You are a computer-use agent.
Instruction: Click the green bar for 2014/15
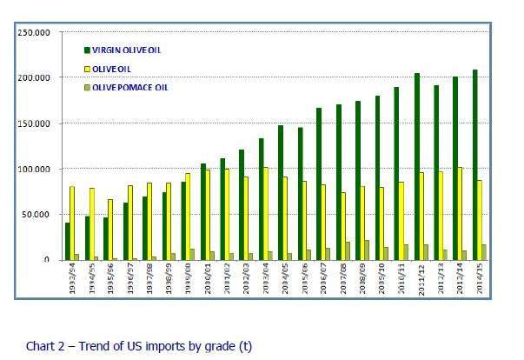click(474, 164)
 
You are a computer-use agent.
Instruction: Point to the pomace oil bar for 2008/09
click(368, 250)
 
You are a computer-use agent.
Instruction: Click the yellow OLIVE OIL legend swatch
click(87, 69)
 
